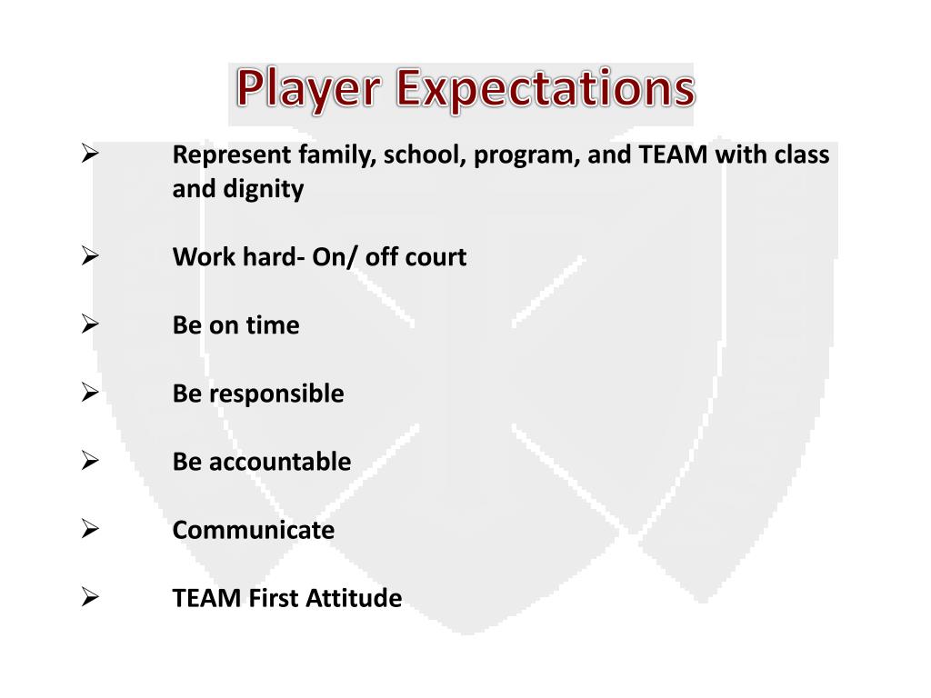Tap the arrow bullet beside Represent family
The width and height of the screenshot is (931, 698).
[89, 155]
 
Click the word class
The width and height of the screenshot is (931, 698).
[802, 155]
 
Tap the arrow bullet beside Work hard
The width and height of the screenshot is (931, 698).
[89, 257]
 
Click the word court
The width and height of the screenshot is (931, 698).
[435, 257]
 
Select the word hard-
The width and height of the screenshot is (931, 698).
[274, 257]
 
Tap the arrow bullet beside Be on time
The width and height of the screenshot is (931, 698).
[89, 324]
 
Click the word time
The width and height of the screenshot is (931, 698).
[272, 325]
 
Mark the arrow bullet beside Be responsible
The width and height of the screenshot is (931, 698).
[89, 393]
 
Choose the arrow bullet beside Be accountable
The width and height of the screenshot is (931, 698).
[89, 461]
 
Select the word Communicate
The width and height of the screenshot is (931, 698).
[254, 530]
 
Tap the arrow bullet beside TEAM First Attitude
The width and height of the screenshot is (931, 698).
[89, 597]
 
